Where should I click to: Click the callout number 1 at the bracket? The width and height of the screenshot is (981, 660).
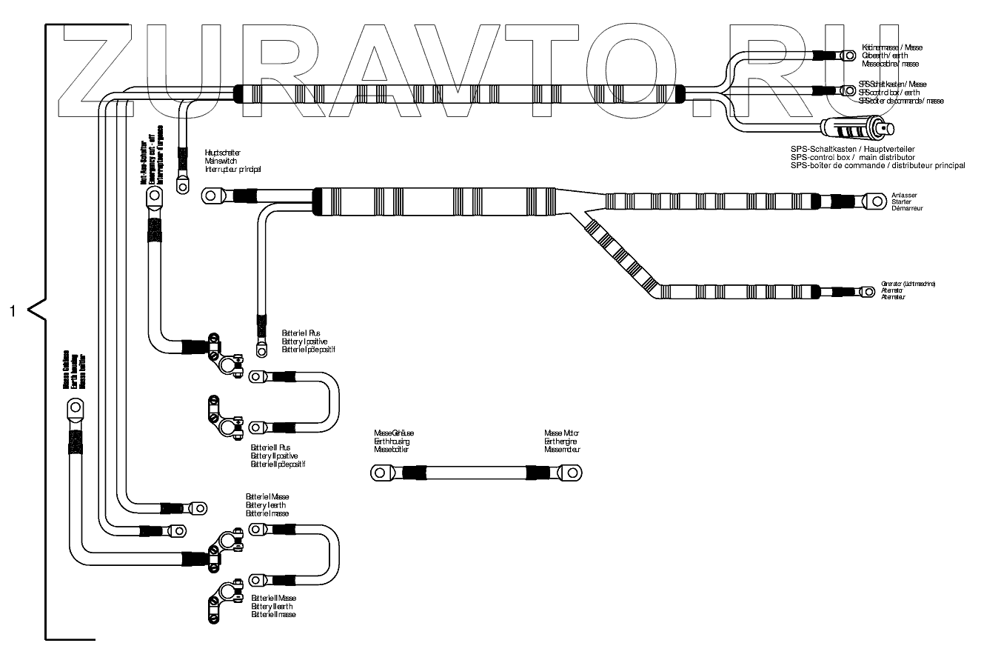12,310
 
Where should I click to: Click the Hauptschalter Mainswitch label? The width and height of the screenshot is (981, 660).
232,161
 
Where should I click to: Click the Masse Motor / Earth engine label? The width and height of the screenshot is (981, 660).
563,441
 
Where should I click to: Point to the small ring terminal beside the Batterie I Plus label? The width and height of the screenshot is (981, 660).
261,345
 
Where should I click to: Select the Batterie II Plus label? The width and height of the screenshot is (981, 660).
278,456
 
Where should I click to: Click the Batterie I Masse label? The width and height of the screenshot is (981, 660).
267,504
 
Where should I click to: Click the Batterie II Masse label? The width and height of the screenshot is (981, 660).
274,606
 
